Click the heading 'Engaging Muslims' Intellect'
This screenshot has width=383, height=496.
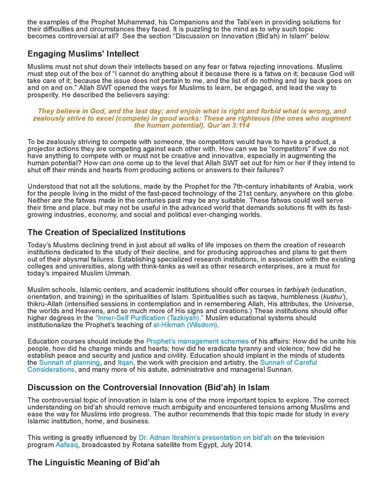[83, 54]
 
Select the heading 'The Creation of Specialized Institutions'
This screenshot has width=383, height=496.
[107, 232]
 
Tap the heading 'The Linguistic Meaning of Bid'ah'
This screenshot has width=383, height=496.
[93, 462]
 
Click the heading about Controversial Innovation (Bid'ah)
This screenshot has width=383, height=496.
[148, 388]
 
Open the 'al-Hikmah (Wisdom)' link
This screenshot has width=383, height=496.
[185, 325]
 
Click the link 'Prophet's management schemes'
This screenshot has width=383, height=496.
[197, 341]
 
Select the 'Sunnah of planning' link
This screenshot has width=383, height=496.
[69, 363]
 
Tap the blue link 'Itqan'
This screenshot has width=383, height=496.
[125, 363]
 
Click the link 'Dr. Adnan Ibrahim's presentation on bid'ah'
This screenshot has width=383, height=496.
[205, 438]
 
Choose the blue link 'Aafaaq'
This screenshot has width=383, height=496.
[67, 445]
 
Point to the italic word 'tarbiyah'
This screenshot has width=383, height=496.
[296, 290]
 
